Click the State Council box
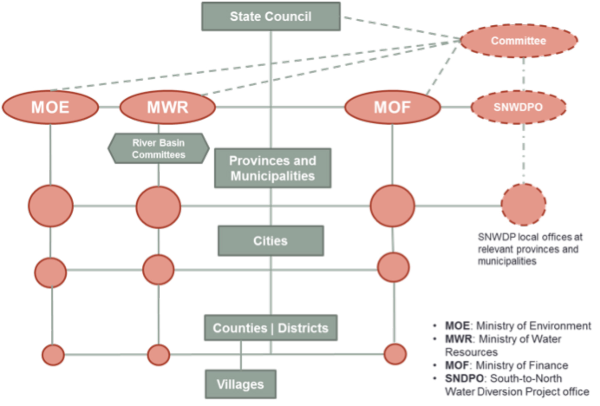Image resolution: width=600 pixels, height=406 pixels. point(270,17)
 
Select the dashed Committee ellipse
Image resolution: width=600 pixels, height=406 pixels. point(518,41)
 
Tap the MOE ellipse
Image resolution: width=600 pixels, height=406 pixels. point(50,107)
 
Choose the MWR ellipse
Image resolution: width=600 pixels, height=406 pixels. point(167,107)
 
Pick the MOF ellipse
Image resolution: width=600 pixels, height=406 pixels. point(392,107)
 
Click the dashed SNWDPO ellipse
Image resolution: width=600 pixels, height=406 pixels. point(518,107)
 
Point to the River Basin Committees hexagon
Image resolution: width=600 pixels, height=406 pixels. point(159,149)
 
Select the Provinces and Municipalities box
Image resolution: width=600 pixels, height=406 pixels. point(273,168)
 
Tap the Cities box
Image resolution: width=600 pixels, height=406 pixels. point(270,241)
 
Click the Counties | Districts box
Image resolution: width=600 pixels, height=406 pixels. point(270,328)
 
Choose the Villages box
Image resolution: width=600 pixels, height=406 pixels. point(240,384)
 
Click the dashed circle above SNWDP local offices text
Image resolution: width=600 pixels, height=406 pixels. point(523,204)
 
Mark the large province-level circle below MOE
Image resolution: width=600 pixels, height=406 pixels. point(51,206)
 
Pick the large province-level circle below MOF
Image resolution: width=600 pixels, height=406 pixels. point(392,206)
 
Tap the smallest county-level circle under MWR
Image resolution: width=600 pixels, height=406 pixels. point(159,355)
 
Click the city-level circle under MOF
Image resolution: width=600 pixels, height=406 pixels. point(393,267)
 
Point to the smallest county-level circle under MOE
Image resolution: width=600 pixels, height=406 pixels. point(53,355)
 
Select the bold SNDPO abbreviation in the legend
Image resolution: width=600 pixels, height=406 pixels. point(464,379)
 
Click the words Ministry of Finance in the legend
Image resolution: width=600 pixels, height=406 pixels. point(522,365)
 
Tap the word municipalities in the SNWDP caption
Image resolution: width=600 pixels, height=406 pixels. point(507,261)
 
